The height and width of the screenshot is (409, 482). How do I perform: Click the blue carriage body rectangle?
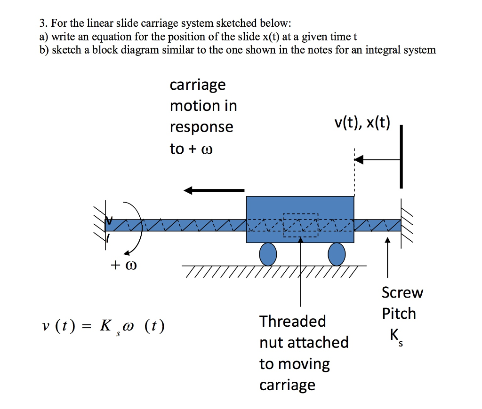[300, 207]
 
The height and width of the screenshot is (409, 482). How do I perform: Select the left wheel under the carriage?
[268, 254]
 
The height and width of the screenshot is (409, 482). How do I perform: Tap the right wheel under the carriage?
[337, 254]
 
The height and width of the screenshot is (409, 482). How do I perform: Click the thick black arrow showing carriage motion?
[214, 190]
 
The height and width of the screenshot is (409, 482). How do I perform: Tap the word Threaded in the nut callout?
[292, 322]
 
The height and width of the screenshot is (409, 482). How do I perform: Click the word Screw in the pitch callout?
[402, 293]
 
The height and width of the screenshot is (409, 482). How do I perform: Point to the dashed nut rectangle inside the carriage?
[300, 225]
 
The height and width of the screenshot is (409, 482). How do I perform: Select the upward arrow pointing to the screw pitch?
[387, 259]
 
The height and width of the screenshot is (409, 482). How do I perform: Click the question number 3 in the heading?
[42, 24]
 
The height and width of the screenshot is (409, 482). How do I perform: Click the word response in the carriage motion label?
[201, 127]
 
